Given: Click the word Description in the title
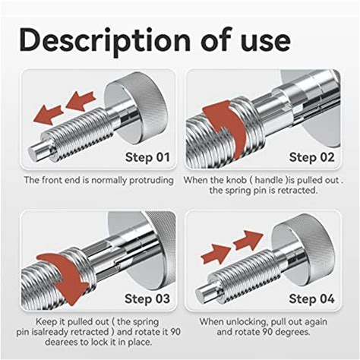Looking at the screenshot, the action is [105, 41].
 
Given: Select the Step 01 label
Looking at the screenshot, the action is [147, 157].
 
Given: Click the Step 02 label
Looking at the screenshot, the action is [311, 157].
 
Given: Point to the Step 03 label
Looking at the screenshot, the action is [147, 298].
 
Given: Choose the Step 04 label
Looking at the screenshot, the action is [311, 298].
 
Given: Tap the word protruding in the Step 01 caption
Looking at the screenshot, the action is [151, 181].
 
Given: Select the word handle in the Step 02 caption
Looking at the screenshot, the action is [269, 180].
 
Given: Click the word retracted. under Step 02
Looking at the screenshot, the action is [297, 191].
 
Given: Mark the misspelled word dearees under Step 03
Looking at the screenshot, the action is [61, 343].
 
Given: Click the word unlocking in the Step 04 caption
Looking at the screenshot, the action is [245, 322].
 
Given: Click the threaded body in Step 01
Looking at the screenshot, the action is [81, 131].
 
